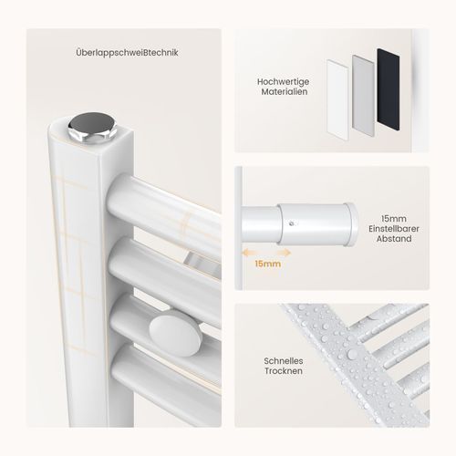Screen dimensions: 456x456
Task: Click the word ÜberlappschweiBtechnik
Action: click(x=127, y=53)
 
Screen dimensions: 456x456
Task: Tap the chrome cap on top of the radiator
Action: click(x=92, y=127)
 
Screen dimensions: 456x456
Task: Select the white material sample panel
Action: click(x=337, y=99)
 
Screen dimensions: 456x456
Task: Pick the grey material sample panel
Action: click(x=363, y=92)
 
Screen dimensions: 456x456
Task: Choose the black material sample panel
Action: click(x=389, y=89)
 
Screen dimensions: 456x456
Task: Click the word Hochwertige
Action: click(x=283, y=82)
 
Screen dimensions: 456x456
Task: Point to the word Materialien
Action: click(x=285, y=91)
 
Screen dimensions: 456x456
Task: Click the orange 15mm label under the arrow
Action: click(x=267, y=264)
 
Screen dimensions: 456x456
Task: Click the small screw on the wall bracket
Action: click(x=292, y=223)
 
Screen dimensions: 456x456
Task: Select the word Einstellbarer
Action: click(x=394, y=229)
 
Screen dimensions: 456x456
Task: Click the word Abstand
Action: click(x=394, y=239)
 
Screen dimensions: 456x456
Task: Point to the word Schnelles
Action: click(x=284, y=361)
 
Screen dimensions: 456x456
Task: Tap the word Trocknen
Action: click(x=284, y=371)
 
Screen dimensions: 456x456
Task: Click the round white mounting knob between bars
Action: click(x=174, y=336)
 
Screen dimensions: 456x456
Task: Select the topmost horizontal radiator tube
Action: click(x=164, y=208)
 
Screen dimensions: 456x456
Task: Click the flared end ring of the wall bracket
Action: click(x=352, y=224)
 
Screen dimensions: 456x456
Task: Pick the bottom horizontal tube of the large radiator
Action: click(x=167, y=384)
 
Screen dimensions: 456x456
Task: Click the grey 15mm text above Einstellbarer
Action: click(x=394, y=219)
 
